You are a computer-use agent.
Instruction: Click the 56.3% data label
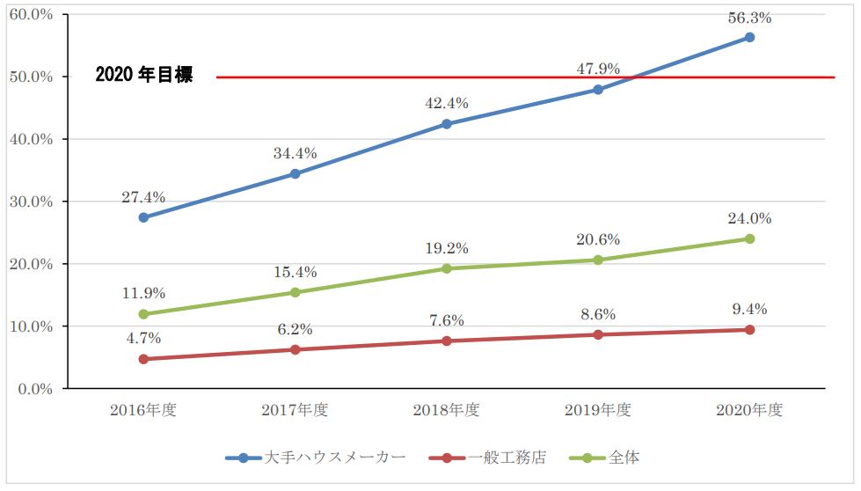pos(750,17)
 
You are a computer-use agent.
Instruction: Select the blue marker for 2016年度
pos(143,217)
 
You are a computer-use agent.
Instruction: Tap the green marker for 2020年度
pos(749,238)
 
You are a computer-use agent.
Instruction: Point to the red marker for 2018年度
pos(447,341)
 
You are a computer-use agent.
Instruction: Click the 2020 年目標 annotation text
pos(143,77)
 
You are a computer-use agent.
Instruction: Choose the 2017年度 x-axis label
pos(295,410)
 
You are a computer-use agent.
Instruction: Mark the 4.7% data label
pos(143,337)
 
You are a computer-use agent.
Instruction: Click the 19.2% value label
pos(447,248)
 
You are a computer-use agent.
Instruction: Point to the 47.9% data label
pos(598,69)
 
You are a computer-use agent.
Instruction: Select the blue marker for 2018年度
pos(447,124)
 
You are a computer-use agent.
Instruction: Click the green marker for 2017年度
pos(295,292)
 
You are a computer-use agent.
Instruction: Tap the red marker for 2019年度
pos(598,334)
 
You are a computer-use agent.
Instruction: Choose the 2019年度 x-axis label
pos(598,410)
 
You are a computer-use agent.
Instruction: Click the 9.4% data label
pos(749,309)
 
